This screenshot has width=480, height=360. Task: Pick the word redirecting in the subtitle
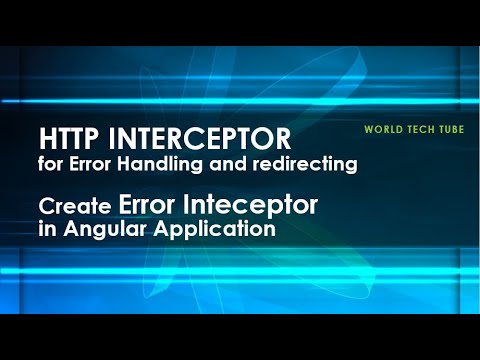311,164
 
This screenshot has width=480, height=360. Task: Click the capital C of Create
47,207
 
